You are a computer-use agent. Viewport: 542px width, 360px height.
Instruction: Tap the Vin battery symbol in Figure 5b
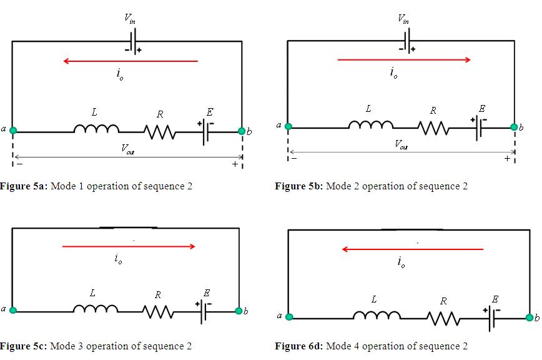click(x=406, y=41)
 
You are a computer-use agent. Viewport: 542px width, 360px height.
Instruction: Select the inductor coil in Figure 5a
click(x=96, y=129)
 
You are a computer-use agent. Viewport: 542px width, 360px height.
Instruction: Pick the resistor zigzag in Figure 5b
click(x=433, y=127)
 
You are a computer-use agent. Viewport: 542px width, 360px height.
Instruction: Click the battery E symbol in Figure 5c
click(x=203, y=310)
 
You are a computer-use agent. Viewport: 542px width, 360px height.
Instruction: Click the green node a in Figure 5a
click(x=13, y=130)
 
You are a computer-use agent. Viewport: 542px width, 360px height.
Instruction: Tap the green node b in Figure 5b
click(x=515, y=127)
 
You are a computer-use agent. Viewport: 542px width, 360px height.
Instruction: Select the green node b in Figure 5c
click(x=238, y=311)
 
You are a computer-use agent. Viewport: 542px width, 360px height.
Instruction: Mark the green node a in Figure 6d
click(x=289, y=317)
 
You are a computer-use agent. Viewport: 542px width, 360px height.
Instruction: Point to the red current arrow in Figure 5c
click(x=129, y=246)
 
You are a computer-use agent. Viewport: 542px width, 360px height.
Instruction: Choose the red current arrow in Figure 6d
click(x=413, y=249)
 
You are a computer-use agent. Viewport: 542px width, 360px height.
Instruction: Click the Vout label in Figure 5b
click(x=402, y=144)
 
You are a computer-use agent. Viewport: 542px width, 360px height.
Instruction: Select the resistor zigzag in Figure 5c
click(x=159, y=310)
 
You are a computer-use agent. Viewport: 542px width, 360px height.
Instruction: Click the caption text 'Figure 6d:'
click(x=298, y=346)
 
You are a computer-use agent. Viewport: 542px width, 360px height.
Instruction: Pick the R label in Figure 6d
click(x=443, y=301)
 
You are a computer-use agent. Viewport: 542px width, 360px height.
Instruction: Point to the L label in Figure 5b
click(x=368, y=109)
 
